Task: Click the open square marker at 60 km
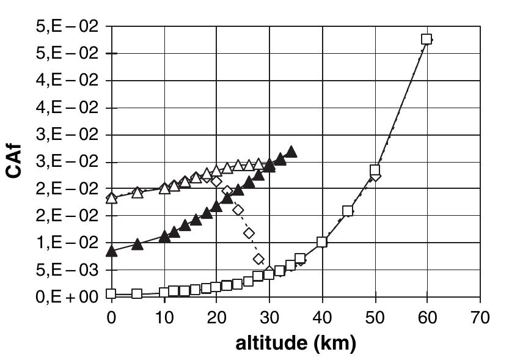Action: (427, 39)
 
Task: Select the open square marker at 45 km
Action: (348, 211)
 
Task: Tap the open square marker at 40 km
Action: (322, 242)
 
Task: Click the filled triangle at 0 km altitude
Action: (111, 251)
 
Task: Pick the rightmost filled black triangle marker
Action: (291, 152)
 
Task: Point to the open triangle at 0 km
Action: (111, 197)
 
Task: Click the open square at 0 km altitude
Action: (111, 293)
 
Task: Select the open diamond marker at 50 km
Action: (375, 176)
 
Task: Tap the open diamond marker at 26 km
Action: (249, 233)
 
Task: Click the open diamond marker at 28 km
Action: (258, 259)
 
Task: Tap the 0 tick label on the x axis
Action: (111, 318)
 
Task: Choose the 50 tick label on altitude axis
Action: (375, 318)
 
